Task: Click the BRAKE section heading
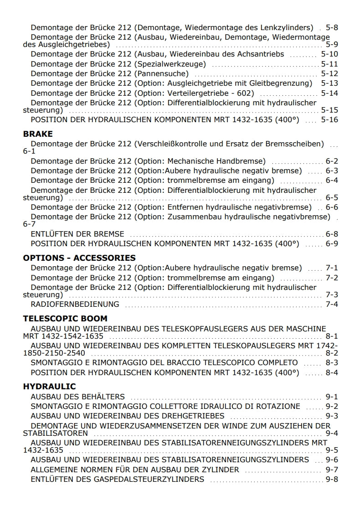(x=38, y=134)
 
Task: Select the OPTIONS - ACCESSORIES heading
(x=79, y=258)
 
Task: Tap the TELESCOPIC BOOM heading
(x=65, y=319)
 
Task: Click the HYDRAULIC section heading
(x=49, y=387)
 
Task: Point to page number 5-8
(x=332, y=27)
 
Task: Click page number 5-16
(x=329, y=120)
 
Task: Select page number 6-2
(x=332, y=161)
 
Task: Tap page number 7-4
(x=332, y=304)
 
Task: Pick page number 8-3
(x=332, y=362)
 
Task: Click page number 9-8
(x=332, y=479)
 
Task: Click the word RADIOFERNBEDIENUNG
(x=75, y=304)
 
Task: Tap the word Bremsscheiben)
(x=296, y=144)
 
